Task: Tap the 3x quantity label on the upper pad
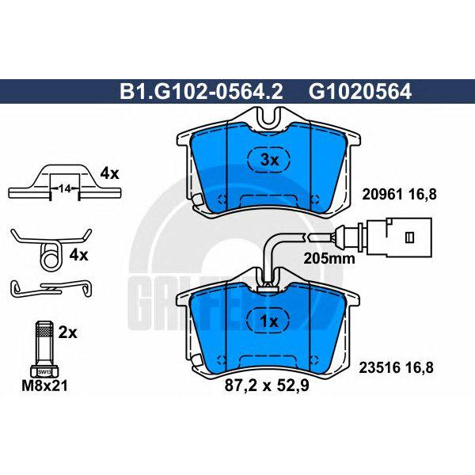tap(271, 160)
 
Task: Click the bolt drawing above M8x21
tap(44, 345)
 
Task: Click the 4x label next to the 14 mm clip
tap(108, 172)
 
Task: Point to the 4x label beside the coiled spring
tap(79, 256)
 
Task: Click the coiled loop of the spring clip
tap(50, 255)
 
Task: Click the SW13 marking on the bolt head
tap(44, 370)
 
